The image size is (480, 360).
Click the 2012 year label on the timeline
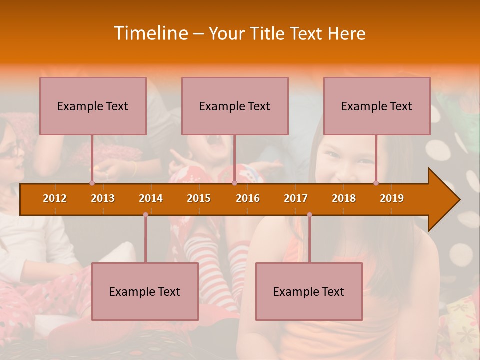(x=55, y=198)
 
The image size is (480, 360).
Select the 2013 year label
(x=103, y=198)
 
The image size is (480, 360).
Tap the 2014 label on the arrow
(x=151, y=198)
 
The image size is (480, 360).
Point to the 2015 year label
(x=199, y=198)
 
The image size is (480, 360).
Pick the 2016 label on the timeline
(x=248, y=198)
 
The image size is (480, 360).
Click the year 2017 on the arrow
(x=296, y=198)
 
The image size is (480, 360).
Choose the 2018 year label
(x=344, y=198)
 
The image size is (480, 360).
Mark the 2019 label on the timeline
(x=392, y=198)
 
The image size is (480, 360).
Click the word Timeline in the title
(x=150, y=33)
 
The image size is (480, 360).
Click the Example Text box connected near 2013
(x=93, y=106)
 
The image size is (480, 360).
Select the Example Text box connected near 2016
(x=235, y=106)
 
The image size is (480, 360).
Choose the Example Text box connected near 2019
(x=377, y=106)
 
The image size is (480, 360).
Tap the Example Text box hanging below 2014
(x=145, y=291)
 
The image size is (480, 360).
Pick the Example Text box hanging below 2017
(x=309, y=291)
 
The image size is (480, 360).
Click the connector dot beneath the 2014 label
(x=145, y=215)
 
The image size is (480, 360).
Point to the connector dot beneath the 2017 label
(x=309, y=215)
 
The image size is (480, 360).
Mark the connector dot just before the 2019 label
(x=376, y=183)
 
